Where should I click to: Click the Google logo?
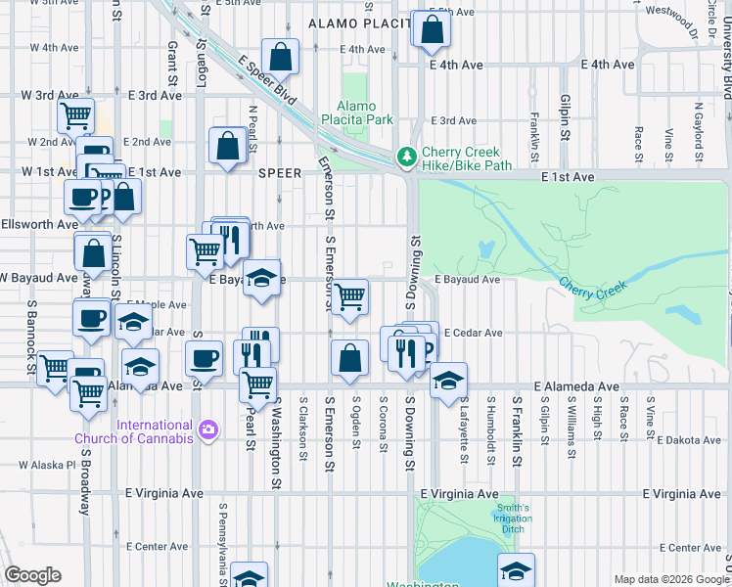32,575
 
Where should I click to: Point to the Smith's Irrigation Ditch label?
512,519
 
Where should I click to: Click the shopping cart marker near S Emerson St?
349,297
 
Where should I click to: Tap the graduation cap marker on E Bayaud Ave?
261,280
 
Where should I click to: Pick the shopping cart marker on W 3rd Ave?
75,115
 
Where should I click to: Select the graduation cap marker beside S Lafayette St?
448,381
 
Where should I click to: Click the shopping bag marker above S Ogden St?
349,358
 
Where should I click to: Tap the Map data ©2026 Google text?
671,579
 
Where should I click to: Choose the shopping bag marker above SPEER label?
227,147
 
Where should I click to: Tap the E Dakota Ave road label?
688,440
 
